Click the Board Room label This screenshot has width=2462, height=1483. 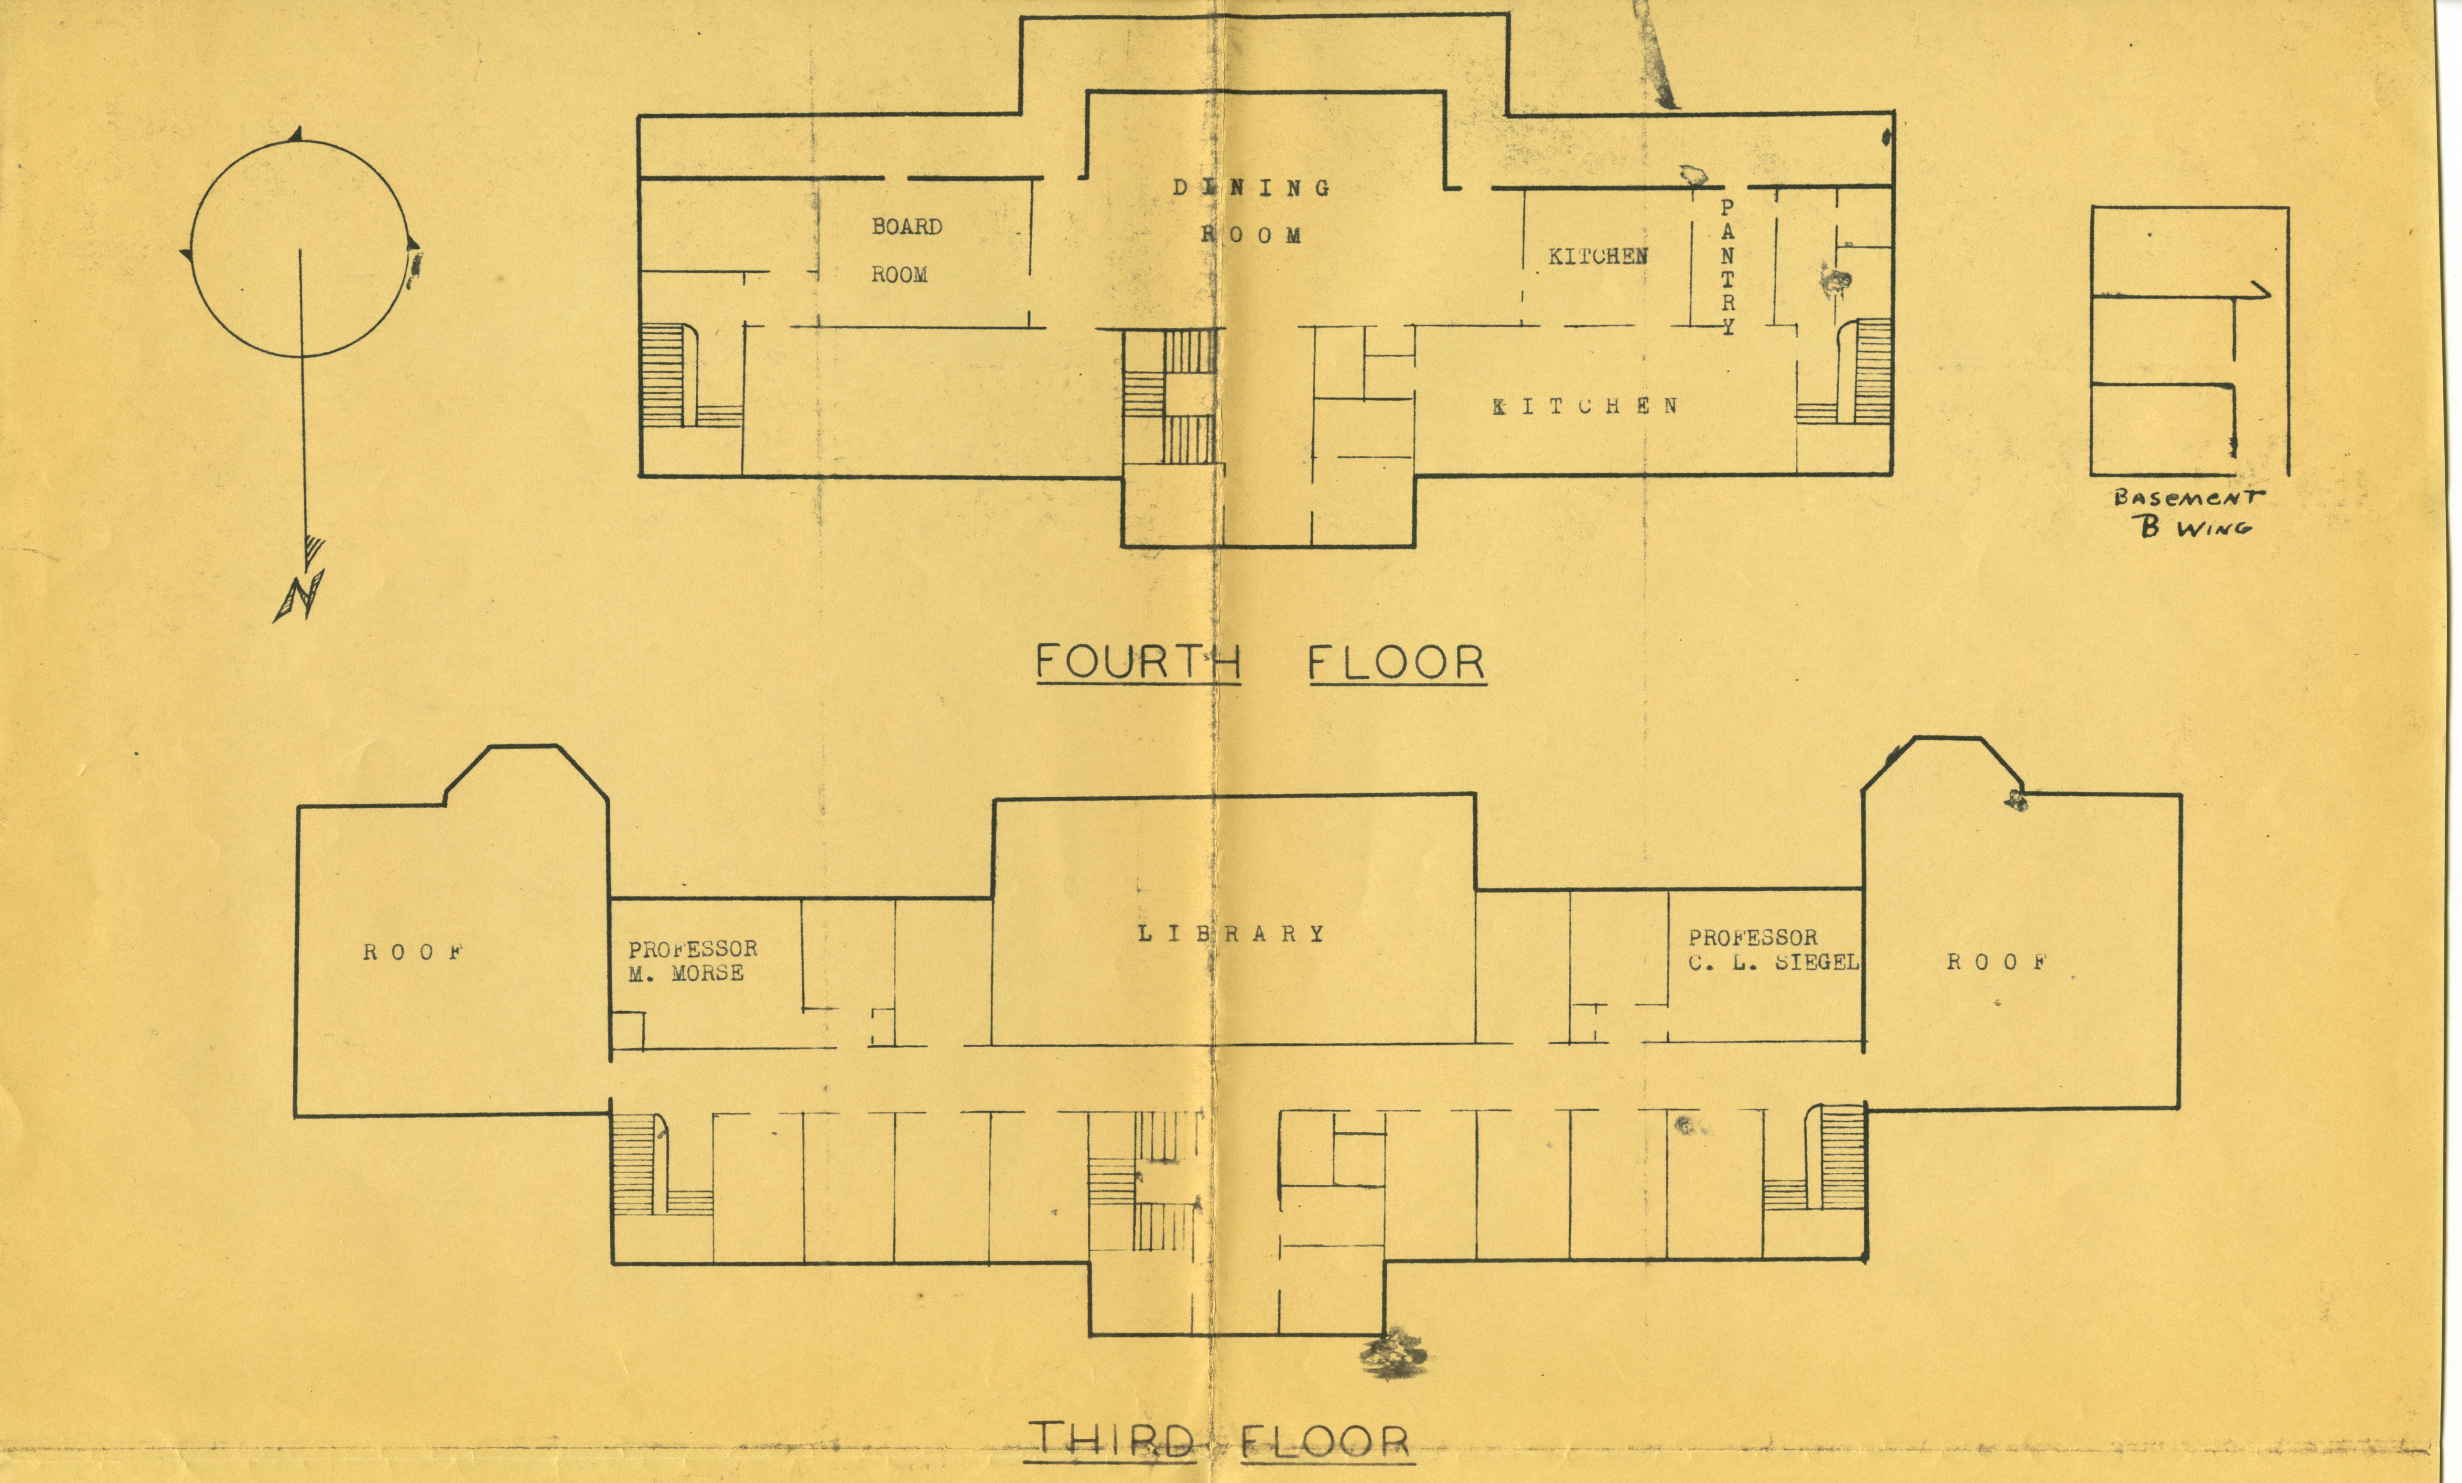click(906, 250)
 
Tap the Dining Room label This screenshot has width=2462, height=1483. click(1251, 211)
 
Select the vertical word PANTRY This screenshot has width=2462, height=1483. click(1728, 267)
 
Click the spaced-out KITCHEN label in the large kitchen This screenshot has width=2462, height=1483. click(1585, 406)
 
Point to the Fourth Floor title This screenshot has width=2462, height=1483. click(1261, 662)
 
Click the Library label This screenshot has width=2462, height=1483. click(1231, 933)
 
